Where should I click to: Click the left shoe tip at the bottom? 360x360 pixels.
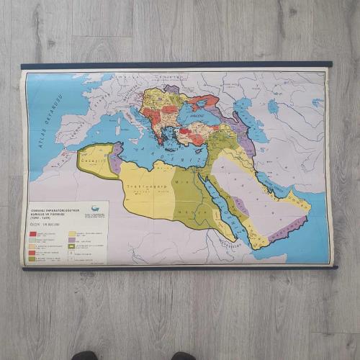pyautogui.click(x=84, y=356)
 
